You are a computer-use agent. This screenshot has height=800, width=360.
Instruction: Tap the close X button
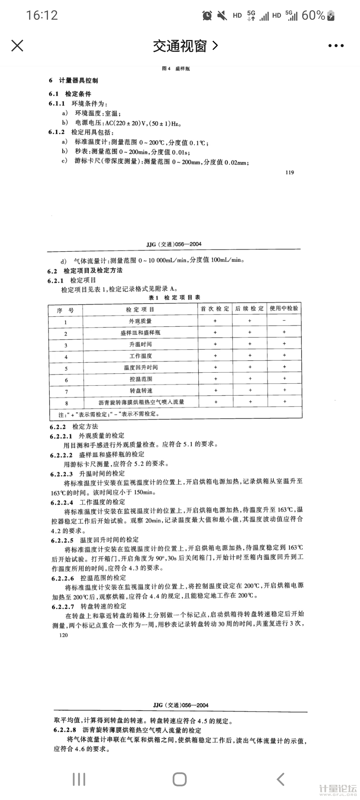point(17,46)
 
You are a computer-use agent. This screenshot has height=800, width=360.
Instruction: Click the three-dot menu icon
point(336,46)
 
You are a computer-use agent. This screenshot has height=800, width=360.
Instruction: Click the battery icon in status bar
point(331,16)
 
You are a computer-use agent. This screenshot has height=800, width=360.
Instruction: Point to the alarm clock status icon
point(207,15)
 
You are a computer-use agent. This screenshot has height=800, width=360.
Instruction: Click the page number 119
point(290,172)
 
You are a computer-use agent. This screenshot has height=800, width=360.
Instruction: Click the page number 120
point(63,635)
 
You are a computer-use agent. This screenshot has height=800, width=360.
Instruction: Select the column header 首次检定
point(215,309)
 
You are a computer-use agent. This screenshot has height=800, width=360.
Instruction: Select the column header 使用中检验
point(284,308)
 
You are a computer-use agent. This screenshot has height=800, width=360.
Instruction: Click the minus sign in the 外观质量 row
point(284,321)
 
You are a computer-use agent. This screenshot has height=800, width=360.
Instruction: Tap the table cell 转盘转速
point(141,390)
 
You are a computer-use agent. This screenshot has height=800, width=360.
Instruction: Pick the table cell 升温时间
point(140,344)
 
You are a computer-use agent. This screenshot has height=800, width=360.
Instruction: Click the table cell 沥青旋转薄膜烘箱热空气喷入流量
point(141,402)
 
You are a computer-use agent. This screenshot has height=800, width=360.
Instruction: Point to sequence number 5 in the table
point(66,368)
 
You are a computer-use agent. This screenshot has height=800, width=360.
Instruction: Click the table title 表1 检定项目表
point(174,297)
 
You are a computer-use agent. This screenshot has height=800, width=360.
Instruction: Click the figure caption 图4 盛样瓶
point(176,69)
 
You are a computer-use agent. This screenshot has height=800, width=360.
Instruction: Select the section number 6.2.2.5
point(62,540)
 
